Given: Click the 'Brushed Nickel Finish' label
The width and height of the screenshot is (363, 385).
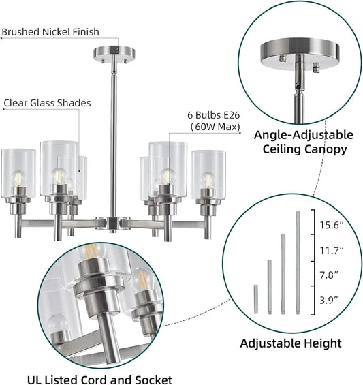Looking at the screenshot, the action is (50, 32).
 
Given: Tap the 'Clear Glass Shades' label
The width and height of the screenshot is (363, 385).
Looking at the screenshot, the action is (47, 103).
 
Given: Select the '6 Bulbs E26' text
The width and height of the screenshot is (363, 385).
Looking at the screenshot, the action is (214, 115).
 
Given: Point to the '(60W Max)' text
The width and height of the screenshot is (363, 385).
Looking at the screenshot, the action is (215, 127).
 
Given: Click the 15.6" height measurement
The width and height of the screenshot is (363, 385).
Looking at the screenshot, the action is (332, 225).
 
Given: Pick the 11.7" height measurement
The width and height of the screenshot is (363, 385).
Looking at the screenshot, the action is (332, 251).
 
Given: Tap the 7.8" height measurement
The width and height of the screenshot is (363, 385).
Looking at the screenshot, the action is (329, 275).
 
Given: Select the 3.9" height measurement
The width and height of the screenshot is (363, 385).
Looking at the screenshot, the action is (329, 300).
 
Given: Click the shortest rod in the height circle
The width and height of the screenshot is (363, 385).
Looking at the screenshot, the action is (256, 299).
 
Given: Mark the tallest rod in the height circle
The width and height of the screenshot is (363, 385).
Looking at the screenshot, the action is (298, 262).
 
